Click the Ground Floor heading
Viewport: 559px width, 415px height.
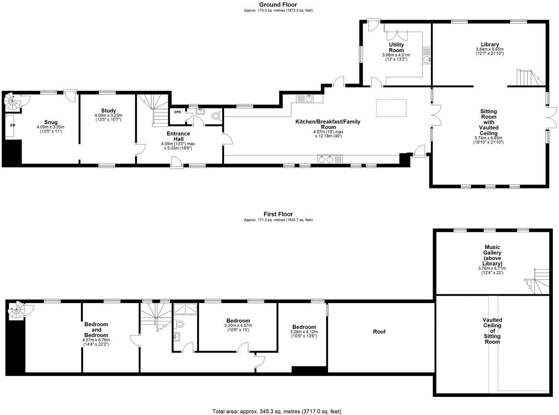click(x=278, y=4)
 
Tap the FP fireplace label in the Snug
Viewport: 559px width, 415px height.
click(x=12, y=125)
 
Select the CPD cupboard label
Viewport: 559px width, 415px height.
click(x=177, y=112)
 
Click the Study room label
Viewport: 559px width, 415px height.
click(x=108, y=110)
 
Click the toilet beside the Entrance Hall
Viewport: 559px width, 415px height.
click(x=216, y=116)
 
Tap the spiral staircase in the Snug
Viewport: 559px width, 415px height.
click(x=12, y=101)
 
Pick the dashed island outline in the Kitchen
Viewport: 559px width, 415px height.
click(x=391, y=108)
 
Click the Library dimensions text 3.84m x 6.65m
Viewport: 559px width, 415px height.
click(x=490, y=49)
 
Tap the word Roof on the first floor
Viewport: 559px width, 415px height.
click(x=379, y=331)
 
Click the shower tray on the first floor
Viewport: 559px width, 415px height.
click(x=186, y=309)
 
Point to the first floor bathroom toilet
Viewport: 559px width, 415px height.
click(x=179, y=323)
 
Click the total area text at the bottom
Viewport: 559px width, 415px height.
click(x=277, y=411)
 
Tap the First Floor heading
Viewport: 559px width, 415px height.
click(x=278, y=214)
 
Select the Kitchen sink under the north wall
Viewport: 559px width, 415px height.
click(x=305, y=98)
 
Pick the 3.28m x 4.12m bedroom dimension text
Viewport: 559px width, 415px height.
click(x=304, y=332)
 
